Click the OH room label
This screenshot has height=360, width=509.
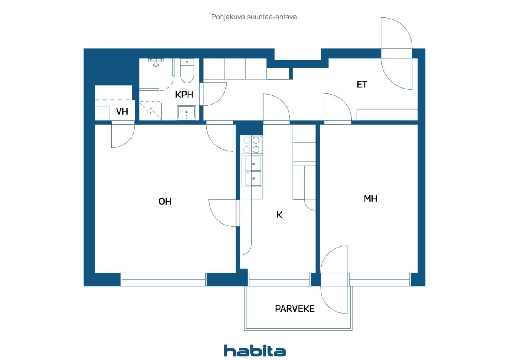coord(165,201)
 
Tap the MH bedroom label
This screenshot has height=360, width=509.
coord(370,199)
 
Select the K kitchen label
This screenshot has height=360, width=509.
coord(279,215)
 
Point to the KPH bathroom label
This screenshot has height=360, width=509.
coord(184,95)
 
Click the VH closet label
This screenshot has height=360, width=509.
coord(122,112)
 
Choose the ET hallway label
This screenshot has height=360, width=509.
coord(362,85)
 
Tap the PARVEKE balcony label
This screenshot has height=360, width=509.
coord(294,308)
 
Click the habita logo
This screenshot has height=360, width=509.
coord(254,350)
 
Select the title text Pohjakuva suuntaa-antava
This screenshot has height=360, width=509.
coord(254,17)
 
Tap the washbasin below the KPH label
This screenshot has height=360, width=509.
coord(186,113)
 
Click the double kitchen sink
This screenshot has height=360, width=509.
coord(252,171)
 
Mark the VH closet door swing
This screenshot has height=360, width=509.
coord(122,136)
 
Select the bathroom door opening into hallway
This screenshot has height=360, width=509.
coord(214,94)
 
